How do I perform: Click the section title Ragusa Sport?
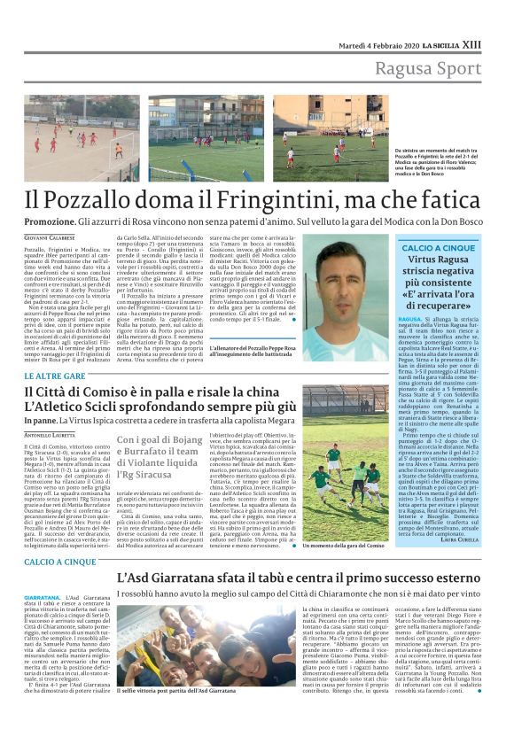(x=427, y=68)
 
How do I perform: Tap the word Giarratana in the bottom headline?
(x=206, y=578)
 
